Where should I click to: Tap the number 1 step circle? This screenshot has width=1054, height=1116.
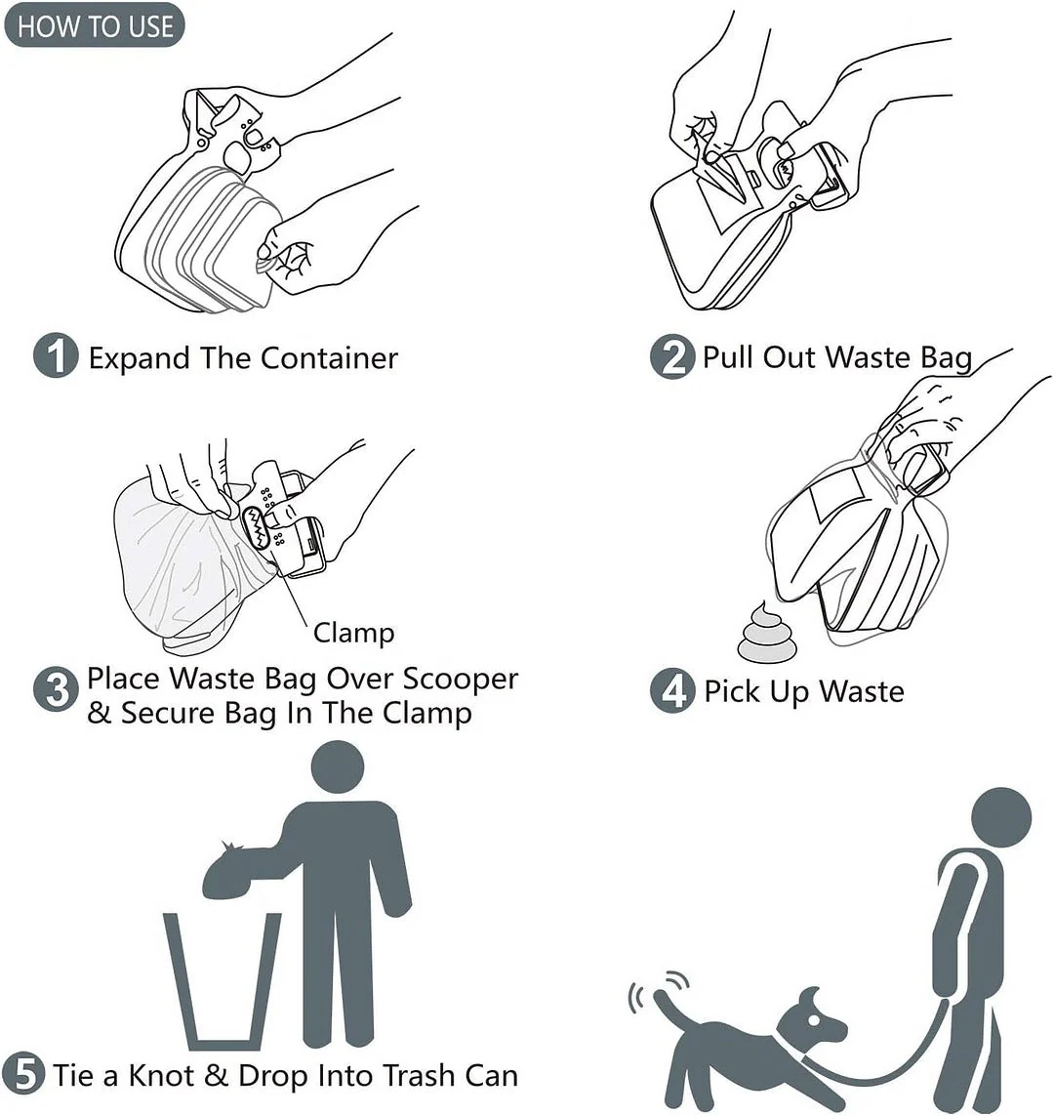(56, 356)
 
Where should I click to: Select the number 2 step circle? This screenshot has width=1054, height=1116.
(672, 356)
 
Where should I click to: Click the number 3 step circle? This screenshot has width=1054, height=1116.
(56, 692)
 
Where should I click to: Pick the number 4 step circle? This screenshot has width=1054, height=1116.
(672, 692)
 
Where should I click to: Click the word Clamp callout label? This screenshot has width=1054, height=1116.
(353, 633)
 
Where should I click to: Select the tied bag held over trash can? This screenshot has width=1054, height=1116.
(238, 873)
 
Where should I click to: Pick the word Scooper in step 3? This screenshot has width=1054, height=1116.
(461, 679)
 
